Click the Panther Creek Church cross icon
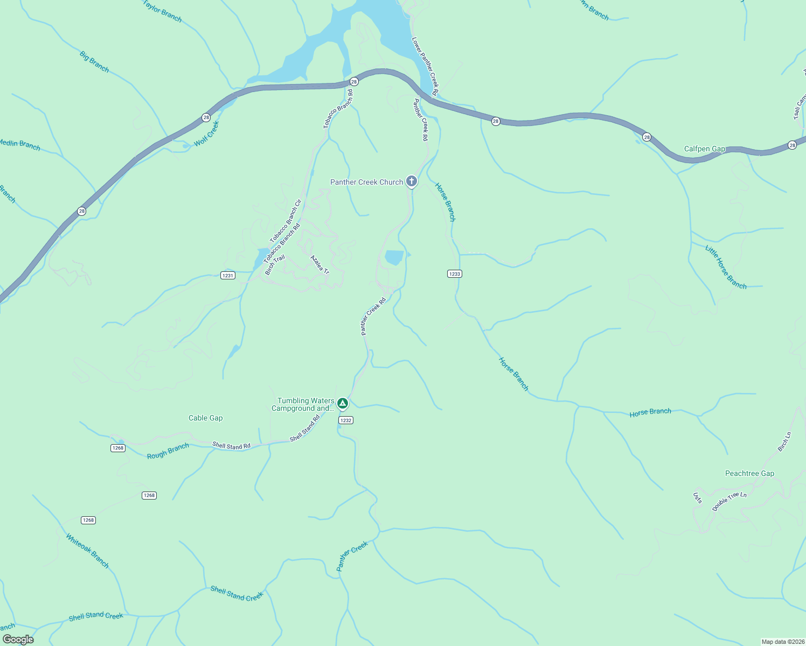(x=411, y=181)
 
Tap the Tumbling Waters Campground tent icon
(x=342, y=403)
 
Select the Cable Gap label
(x=205, y=418)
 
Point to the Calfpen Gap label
(x=704, y=149)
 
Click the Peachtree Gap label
(x=749, y=474)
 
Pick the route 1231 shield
(x=228, y=276)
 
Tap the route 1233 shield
(x=454, y=274)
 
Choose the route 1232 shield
(x=345, y=420)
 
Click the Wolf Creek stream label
(x=207, y=134)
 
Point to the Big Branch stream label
(x=94, y=62)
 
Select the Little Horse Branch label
(x=726, y=267)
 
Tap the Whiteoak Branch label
(x=87, y=551)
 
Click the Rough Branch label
(x=168, y=451)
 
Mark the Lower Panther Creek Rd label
(x=425, y=66)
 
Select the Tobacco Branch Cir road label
(x=286, y=221)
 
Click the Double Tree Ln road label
(x=729, y=501)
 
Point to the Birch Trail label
(x=275, y=265)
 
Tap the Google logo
(x=18, y=639)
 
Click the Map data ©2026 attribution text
(x=782, y=642)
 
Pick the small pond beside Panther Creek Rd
(x=394, y=258)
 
